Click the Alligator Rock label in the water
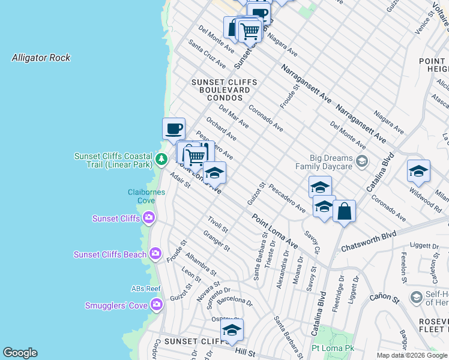(41, 58)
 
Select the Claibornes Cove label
(146, 196)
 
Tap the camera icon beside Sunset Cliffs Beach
(155, 254)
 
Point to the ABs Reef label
(146, 289)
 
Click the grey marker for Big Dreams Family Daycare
(361, 161)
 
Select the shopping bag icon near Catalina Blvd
(344, 211)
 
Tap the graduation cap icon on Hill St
(232, 331)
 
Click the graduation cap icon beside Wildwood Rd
(418, 171)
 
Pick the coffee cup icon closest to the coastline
(173, 128)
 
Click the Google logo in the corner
(20, 353)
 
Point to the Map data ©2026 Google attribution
(412, 355)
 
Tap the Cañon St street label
(384, 297)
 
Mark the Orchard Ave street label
(221, 128)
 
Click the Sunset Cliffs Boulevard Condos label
(224, 89)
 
